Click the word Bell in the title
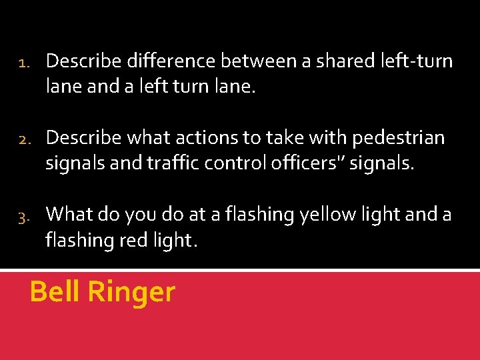click(55, 292)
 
